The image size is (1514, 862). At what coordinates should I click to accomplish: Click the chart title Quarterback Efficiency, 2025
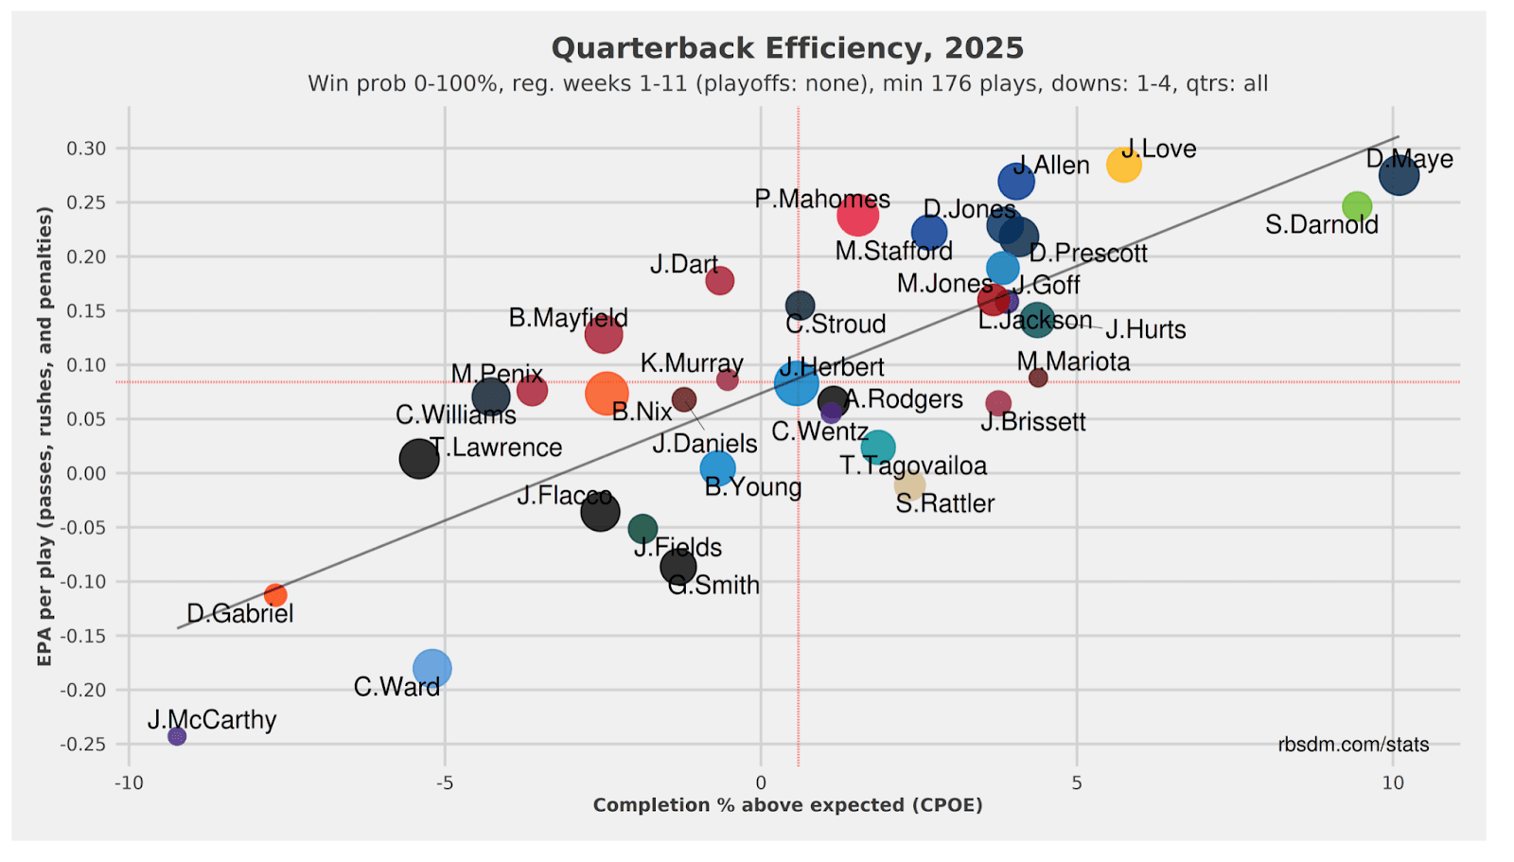(787, 48)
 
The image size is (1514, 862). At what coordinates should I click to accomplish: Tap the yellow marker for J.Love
(1123, 165)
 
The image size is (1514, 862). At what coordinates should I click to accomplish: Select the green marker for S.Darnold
(1357, 206)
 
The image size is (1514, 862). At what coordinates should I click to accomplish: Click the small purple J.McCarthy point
(177, 736)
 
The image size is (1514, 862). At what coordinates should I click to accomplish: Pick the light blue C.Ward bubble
(432, 668)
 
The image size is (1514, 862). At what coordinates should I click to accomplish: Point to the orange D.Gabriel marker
(275, 595)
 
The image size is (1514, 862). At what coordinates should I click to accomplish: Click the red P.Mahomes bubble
(857, 215)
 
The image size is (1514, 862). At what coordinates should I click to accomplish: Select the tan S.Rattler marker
(909, 485)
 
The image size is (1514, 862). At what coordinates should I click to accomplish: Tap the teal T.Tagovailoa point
(878, 447)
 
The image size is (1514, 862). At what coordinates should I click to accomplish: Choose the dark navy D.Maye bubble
(1399, 175)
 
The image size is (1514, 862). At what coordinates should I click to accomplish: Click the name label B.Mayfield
(568, 318)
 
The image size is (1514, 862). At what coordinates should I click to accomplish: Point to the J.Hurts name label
(1145, 330)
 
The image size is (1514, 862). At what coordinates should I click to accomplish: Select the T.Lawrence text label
(496, 448)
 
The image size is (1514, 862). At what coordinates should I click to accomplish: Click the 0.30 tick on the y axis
(86, 149)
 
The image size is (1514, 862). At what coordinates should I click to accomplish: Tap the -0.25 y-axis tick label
(83, 745)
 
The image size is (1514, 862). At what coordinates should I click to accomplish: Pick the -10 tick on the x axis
(129, 783)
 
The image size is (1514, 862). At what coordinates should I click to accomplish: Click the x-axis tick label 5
(1077, 783)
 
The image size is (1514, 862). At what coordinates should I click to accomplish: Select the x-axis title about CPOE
(787, 805)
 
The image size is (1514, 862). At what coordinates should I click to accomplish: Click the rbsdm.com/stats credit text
(1353, 745)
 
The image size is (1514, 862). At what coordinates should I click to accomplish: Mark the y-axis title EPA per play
(44, 436)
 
